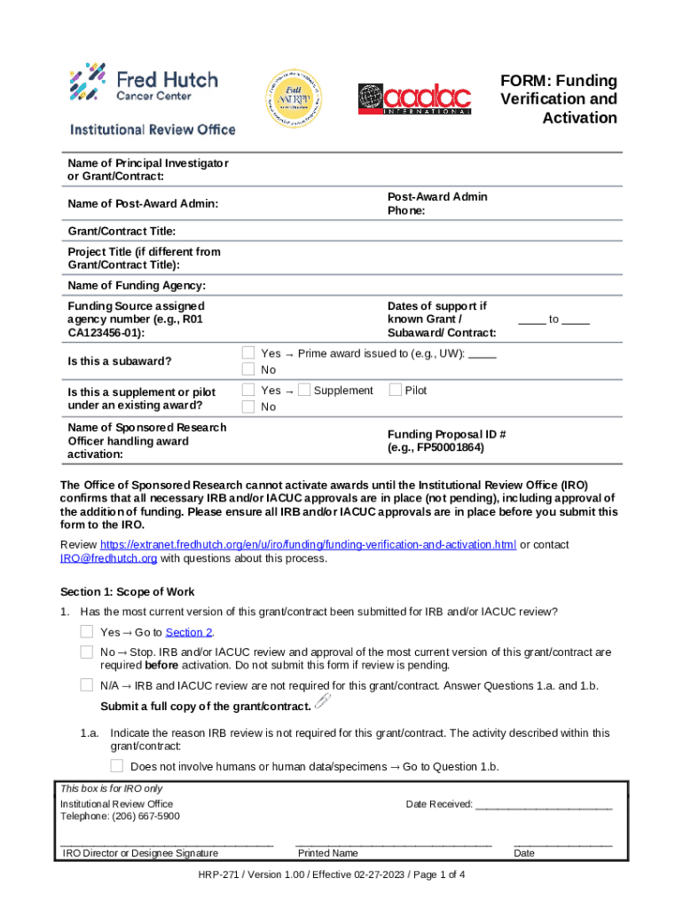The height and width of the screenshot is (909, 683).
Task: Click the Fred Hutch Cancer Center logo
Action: click(144, 82)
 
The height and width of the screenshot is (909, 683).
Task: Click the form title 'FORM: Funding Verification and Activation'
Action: click(558, 99)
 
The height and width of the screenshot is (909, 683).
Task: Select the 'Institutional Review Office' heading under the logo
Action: click(153, 130)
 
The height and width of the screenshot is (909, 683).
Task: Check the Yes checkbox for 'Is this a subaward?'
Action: click(249, 353)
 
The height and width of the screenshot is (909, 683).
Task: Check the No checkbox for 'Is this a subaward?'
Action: click(249, 369)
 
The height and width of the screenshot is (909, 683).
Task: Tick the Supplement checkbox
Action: click(304, 390)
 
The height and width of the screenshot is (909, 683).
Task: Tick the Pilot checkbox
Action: click(396, 390)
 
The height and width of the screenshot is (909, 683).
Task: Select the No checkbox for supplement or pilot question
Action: click(249, 407)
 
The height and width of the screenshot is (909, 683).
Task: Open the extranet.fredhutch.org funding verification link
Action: click(308, 544)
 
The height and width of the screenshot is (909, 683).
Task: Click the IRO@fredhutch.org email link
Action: click(108, 558)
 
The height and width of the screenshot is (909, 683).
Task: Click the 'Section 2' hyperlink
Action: click(189, 632)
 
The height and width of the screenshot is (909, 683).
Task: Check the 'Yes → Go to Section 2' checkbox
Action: click(86, 631)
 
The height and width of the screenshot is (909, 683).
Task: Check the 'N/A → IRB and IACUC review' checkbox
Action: click(86, 684)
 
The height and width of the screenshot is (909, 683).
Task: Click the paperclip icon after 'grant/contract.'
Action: click(322, 704)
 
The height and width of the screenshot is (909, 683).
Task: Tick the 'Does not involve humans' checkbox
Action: click(117, 765)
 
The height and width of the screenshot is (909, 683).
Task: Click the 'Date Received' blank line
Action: click(543, 805)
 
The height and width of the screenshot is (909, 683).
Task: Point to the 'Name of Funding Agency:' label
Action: click(137, 285)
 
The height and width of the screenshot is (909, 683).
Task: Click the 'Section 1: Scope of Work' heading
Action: click(128, 592)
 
